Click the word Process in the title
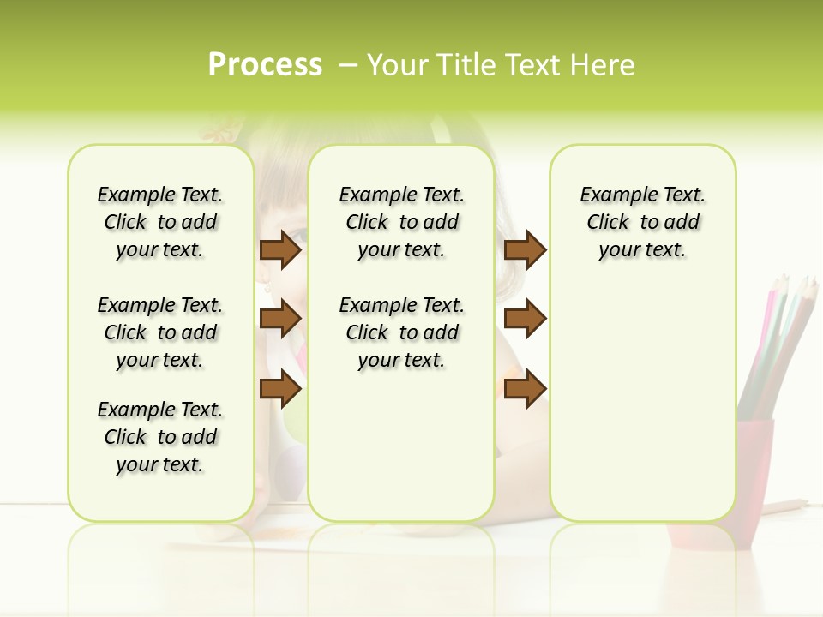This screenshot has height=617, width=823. click(265, 65)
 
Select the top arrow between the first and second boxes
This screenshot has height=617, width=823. click(279, 250)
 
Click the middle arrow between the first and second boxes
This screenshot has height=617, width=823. click(279, 319)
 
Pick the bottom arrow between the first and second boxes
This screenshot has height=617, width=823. click(279, 389)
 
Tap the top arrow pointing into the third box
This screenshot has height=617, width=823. click(525, 250)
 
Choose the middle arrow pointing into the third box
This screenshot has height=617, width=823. click(525, 319)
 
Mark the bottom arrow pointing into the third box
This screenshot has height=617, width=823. click(525, 389)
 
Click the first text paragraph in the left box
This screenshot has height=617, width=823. click(160, 222)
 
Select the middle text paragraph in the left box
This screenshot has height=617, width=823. click(160, 332)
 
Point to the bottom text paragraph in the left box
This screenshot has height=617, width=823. click(160, 437)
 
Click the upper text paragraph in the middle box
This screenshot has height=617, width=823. click(401, 222)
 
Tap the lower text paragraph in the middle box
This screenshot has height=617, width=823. click(401, 332)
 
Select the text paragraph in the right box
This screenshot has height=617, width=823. click(642, 222)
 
